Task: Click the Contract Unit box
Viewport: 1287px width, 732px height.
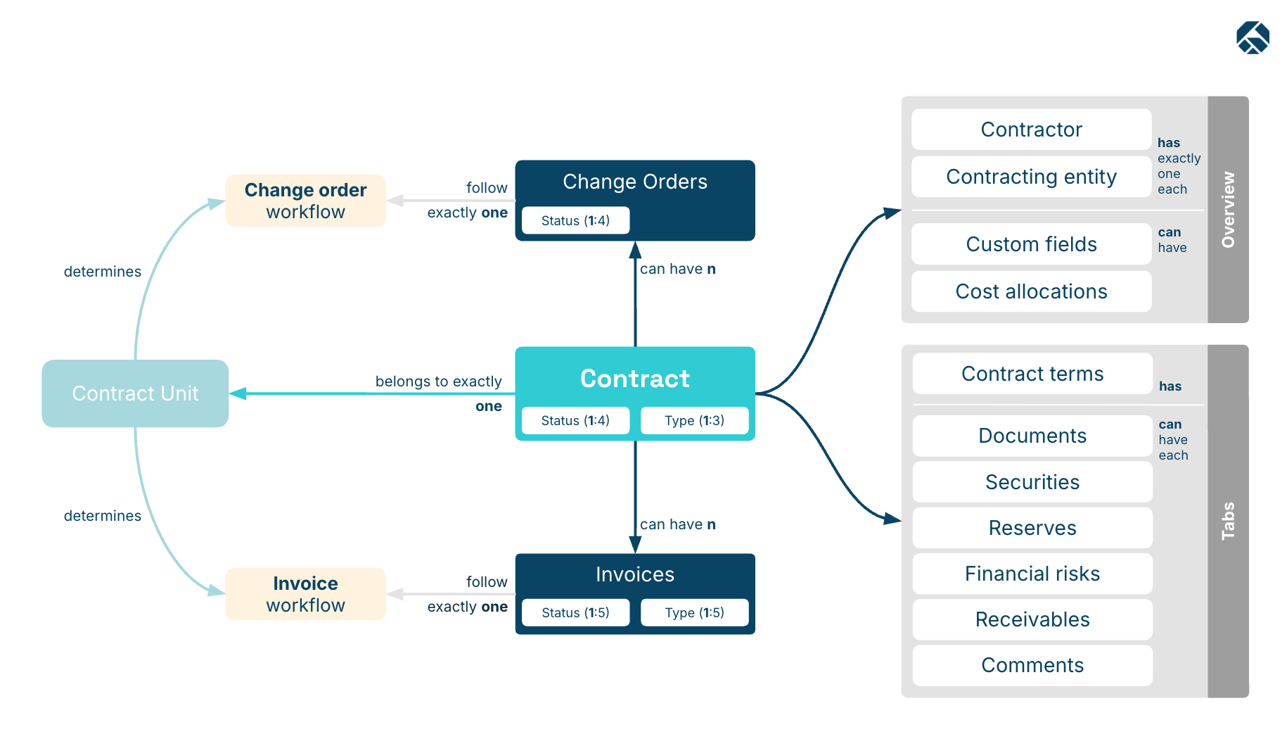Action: [x=135, y=393]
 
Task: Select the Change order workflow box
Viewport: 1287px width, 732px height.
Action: [x=306, y=201]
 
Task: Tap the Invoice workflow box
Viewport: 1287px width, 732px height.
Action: [x=306, y=594]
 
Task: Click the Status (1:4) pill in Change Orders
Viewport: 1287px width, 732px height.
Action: [x=575, y=220]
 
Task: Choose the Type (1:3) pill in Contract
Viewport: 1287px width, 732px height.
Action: [x=694, y=420]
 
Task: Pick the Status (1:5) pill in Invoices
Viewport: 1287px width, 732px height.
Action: [x=575, y=612]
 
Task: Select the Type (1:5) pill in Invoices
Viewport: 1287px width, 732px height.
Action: [x=694, y=612]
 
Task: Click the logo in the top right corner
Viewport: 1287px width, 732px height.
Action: [x=1253, y=37]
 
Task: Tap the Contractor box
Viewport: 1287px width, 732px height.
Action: [x=1032, y=130]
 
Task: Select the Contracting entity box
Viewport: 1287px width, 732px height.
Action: [x=1032, y=177]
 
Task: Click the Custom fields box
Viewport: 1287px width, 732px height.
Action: [x=1032, y=244]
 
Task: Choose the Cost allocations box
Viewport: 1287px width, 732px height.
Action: [x=1032, y=291]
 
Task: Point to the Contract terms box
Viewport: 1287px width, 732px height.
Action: [x=1032, y=374]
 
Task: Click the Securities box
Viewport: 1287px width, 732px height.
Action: [x=1032, y=482]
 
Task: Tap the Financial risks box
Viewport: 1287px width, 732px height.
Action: [x=1032, y=574]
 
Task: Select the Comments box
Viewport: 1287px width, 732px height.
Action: [x=1032, y=665]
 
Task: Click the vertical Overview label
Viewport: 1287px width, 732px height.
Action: [x=1228, y=210]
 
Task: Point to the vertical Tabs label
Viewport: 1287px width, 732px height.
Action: [x=1228, y=521]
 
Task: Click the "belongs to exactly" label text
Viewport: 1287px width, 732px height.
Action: [x=439, y=381]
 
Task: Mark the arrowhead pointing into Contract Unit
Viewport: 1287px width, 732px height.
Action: [x=238, y=393]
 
